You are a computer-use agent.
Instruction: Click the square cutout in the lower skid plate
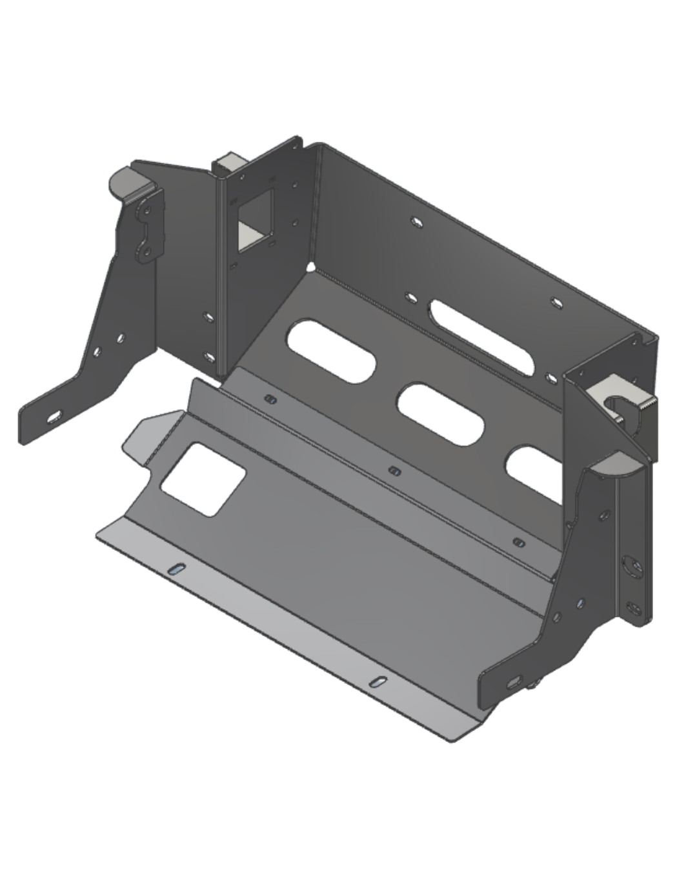(203, 479)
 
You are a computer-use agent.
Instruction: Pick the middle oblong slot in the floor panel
(441, 414)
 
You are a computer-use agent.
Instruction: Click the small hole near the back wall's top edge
(418, 223)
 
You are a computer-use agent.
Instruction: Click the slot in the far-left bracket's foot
(55, 417)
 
